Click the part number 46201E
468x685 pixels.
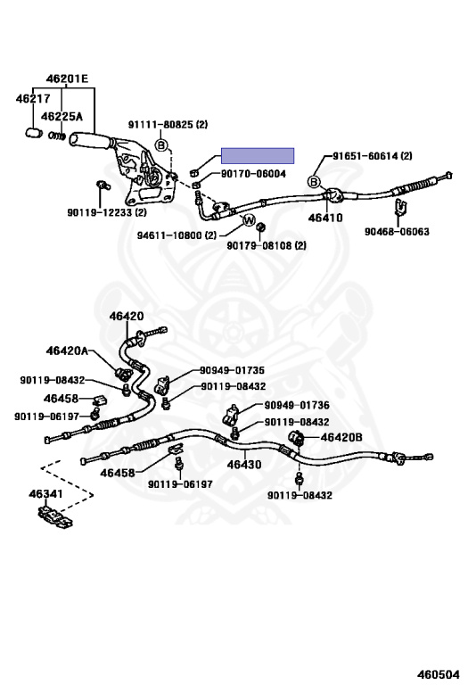coord(68,78)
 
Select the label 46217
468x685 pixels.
coord(31,98)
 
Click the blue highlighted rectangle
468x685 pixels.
coord(258,156)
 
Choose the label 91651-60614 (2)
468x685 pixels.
coord(373,156)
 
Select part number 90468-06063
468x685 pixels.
coord(397,231)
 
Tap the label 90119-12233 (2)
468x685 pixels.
coord(107,212)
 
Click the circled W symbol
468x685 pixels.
coord(250,220)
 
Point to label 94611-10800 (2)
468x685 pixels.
coord(177,235)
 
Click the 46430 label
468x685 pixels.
coord(243,464)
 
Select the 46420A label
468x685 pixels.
coord(69,351)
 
